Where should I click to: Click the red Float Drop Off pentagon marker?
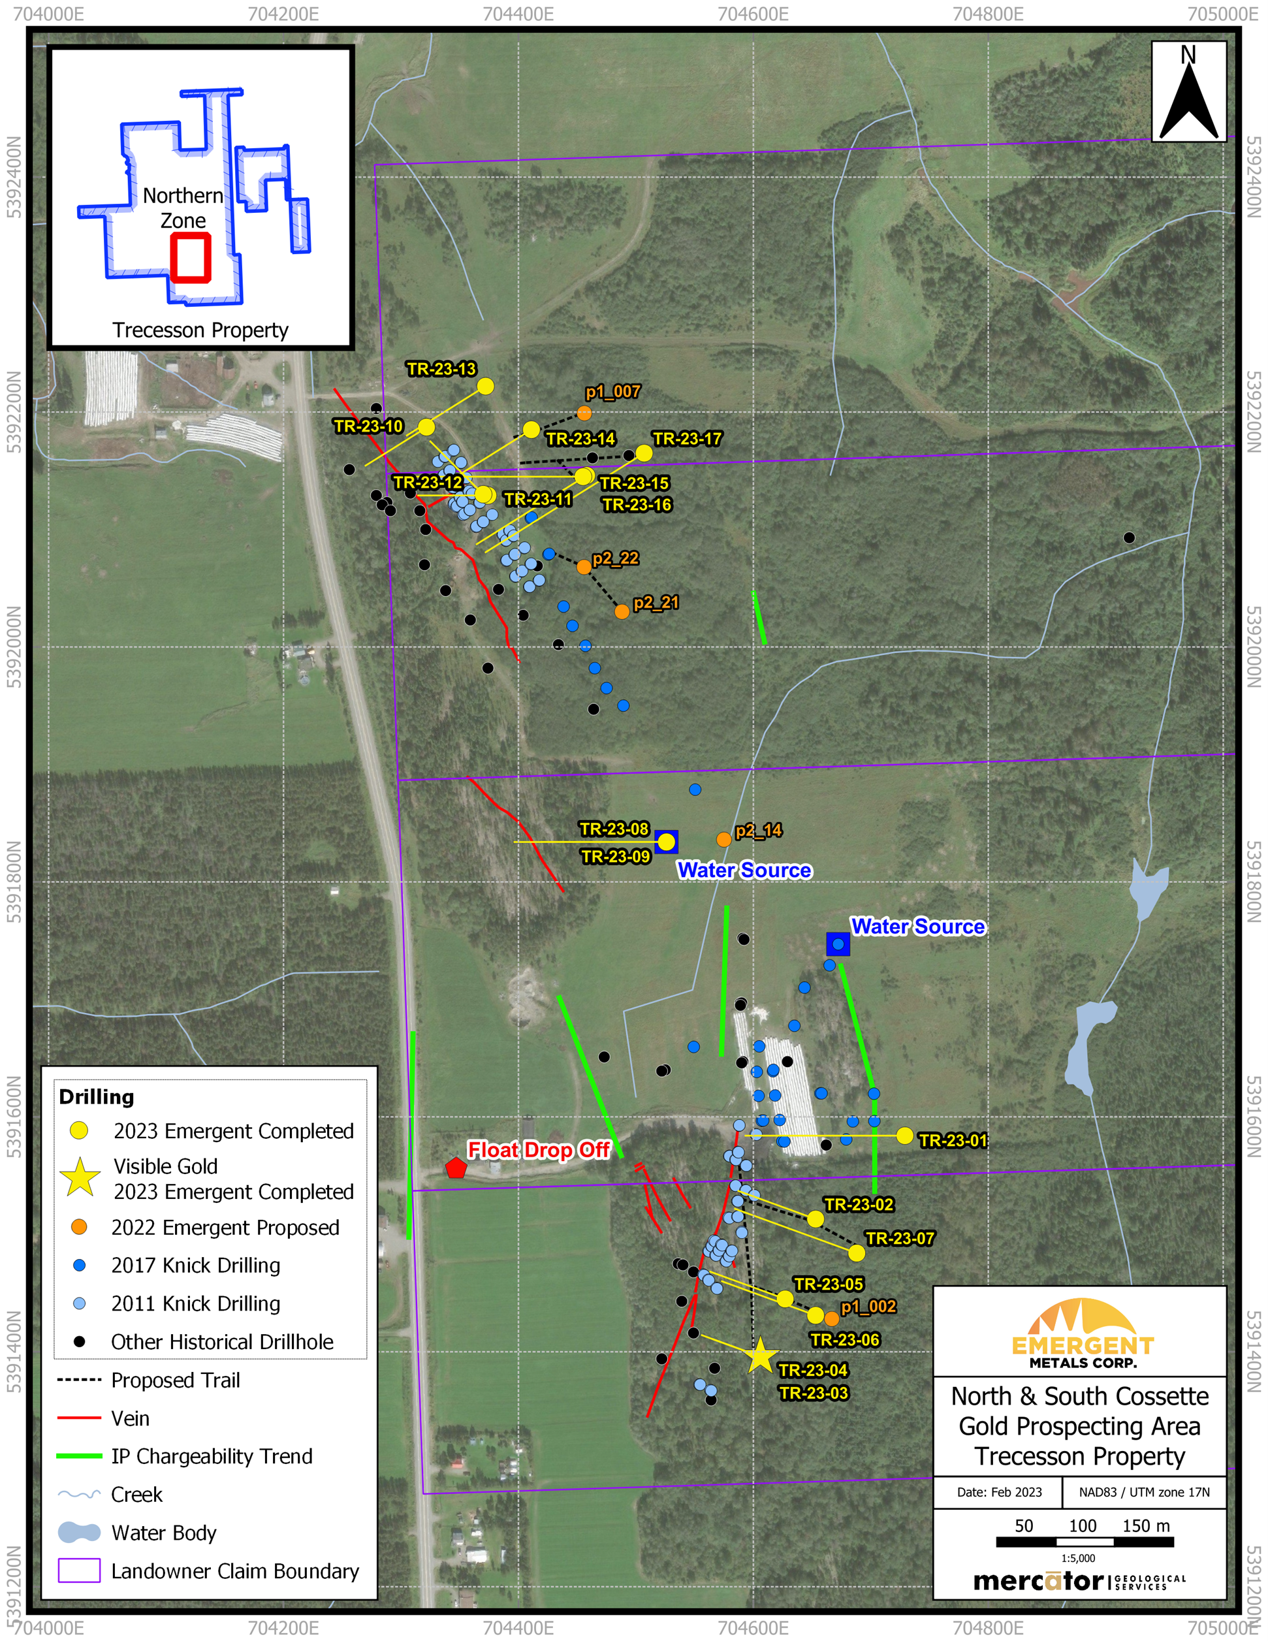456,1168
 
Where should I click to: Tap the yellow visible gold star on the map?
760,1356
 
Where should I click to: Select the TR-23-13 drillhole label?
441,369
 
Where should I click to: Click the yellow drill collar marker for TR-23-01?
904,1136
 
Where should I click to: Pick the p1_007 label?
613,391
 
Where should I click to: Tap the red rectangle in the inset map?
190,258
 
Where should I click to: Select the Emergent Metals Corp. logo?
1081,1332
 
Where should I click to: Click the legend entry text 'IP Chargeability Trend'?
212,1456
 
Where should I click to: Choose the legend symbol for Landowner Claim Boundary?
79,1570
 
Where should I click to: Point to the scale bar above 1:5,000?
1084,1542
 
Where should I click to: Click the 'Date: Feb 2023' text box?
998,1491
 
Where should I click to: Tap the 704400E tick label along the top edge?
518,14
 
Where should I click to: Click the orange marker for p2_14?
723,839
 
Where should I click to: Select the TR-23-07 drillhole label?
900,1238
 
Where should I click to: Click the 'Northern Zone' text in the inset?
183,208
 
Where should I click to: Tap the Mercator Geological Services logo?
1079,1582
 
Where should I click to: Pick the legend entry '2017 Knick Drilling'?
195,1266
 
